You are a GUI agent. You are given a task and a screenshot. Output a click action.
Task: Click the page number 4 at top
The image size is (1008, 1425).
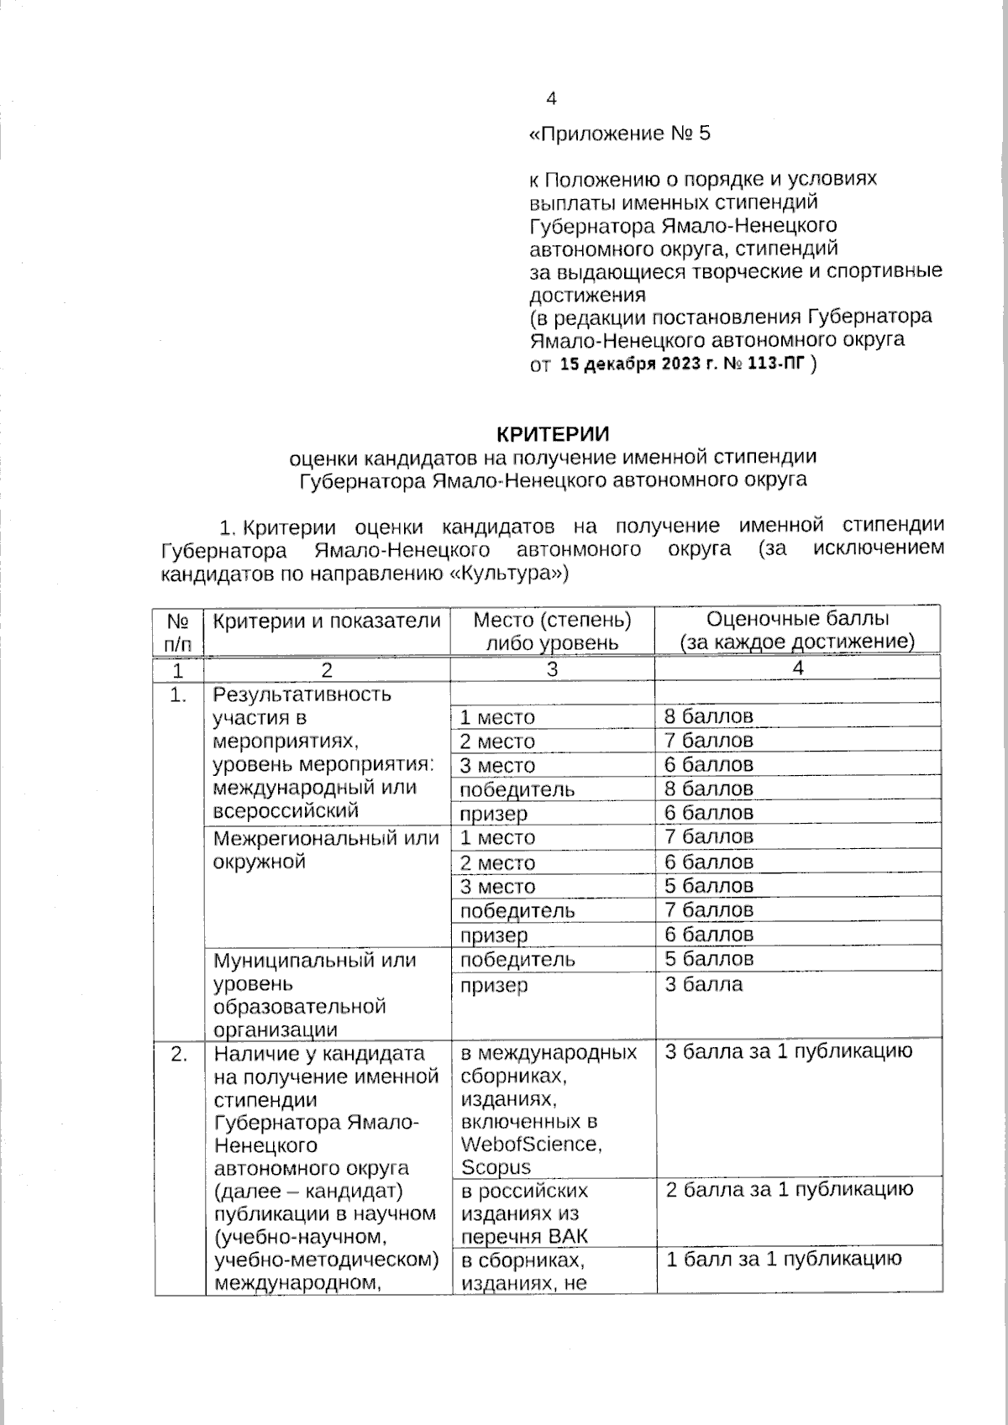(551, 99)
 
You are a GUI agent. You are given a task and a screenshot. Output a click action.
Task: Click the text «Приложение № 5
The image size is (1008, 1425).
(619, 134)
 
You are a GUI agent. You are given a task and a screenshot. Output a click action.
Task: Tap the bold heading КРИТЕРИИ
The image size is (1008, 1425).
(552, 433)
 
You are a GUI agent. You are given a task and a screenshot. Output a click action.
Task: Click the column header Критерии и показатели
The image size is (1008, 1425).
(326, 621)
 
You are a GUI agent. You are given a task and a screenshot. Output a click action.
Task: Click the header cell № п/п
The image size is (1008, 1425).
(178, 632)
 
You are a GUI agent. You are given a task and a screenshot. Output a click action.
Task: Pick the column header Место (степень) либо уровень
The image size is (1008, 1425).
(552, 631)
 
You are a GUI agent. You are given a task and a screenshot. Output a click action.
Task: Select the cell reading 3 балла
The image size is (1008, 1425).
(704, 984)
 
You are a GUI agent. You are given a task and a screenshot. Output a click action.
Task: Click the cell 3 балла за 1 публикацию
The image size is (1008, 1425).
(788, 1051)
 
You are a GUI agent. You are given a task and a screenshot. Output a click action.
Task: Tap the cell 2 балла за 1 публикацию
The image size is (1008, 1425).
(789, 1189)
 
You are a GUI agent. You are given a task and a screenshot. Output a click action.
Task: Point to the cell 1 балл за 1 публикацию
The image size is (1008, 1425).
(783, 1258)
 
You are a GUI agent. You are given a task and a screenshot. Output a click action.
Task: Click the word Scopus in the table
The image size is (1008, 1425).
(496, 1167)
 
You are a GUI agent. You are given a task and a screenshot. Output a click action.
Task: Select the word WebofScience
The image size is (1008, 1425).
(530, 1144)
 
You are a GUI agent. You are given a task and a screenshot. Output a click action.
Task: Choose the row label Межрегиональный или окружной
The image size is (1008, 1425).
(326, 850)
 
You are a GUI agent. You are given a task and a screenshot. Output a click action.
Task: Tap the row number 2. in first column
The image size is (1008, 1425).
(178, 1054)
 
